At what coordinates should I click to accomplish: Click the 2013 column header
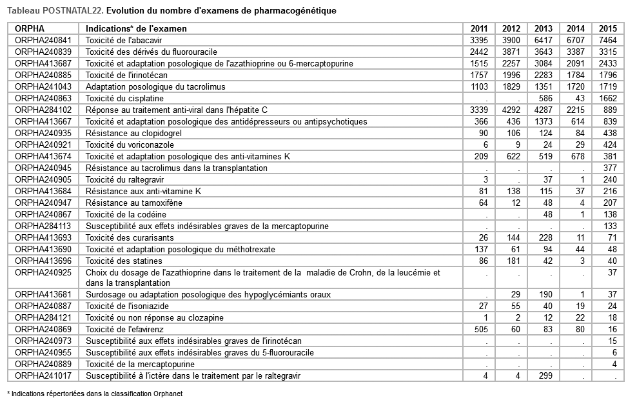point(544,28)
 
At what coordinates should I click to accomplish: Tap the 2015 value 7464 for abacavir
point(607,40)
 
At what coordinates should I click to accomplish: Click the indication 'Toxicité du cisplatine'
point(124,98)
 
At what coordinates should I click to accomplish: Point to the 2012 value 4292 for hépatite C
point(511,110)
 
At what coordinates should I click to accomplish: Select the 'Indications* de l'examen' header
point(136,28)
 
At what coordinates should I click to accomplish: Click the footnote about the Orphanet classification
point(90,393)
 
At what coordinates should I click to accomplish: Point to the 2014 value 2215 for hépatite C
point(575,110)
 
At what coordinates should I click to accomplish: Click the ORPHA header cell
point(28,28)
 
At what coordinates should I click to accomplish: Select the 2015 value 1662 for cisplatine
point(607,98)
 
